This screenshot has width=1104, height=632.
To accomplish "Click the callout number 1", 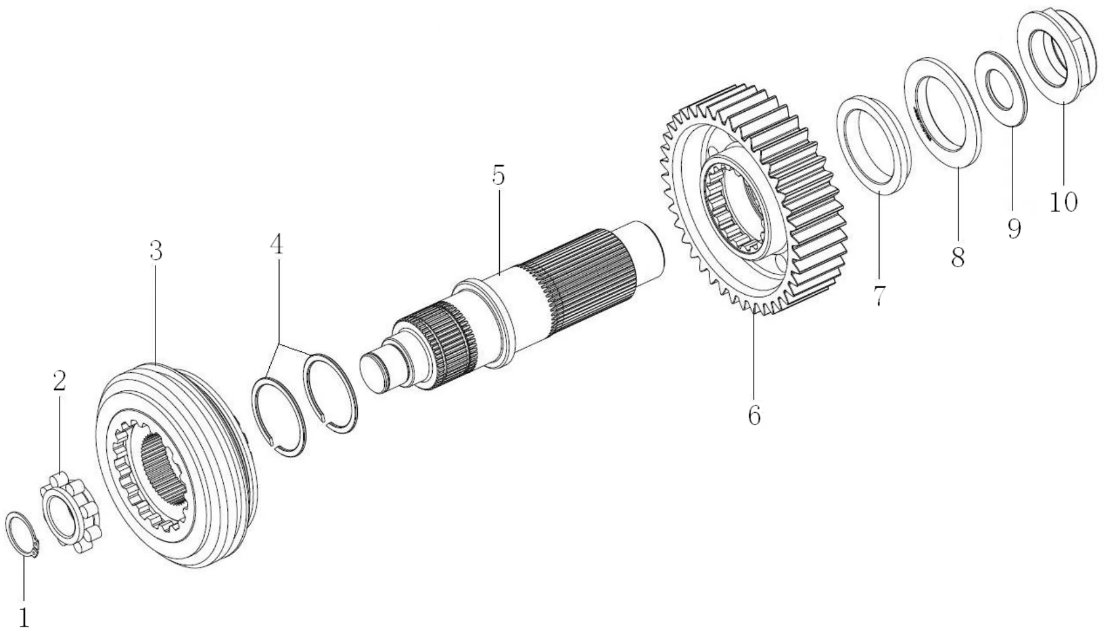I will click(23, 616).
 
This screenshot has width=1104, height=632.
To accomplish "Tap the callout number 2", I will click(59, 381).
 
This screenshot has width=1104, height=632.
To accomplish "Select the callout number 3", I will click(156, 251).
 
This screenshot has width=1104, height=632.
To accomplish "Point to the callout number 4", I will click(277, 244).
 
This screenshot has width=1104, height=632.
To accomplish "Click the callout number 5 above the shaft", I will click(498, 176).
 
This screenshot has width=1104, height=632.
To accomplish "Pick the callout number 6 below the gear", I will click(754, 415).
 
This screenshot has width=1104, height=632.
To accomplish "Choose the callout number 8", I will click(958, 257).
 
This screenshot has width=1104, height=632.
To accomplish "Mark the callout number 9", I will click(1014, 228).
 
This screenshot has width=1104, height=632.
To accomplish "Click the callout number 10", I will click(1063, 201).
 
